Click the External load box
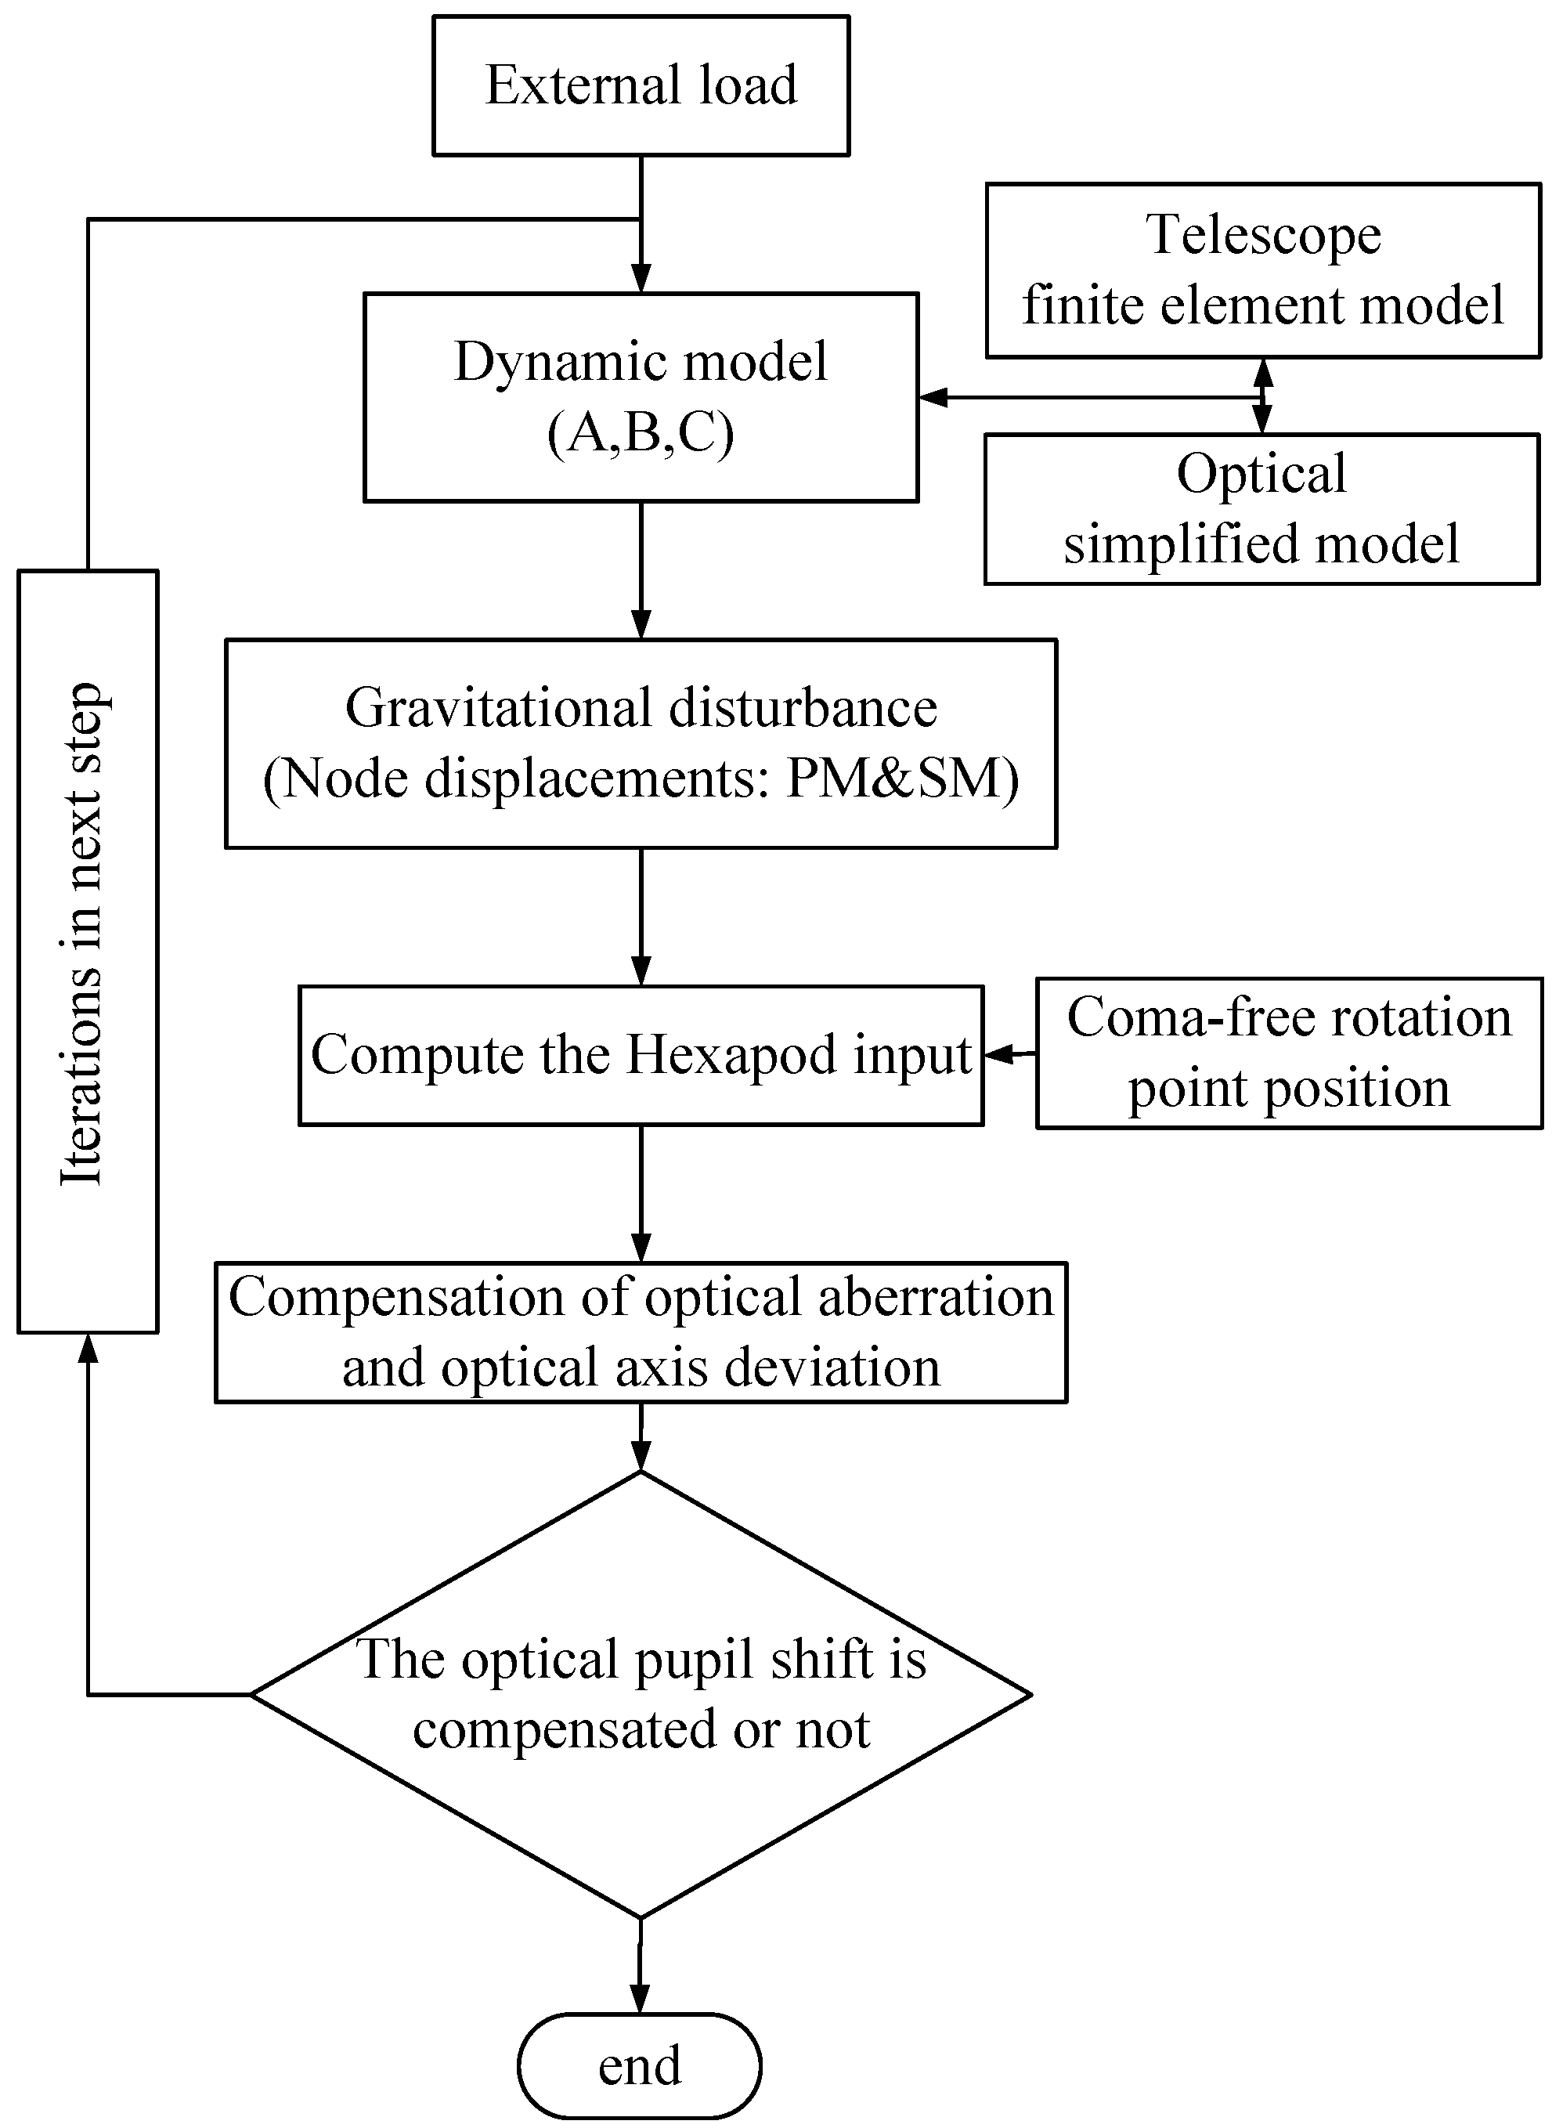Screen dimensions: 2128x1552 click(641, 85)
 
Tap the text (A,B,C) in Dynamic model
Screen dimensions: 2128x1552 click(641, 434)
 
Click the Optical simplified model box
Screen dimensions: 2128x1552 click(1261, 509)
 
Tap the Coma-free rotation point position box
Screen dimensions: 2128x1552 click(1289, 1053)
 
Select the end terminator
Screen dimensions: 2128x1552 click(640, 2066)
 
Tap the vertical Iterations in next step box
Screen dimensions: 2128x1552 click(88, 951)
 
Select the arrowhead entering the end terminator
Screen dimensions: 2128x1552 click(640, 2000)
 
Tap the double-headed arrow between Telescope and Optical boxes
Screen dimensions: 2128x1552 click(1264, 396)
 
